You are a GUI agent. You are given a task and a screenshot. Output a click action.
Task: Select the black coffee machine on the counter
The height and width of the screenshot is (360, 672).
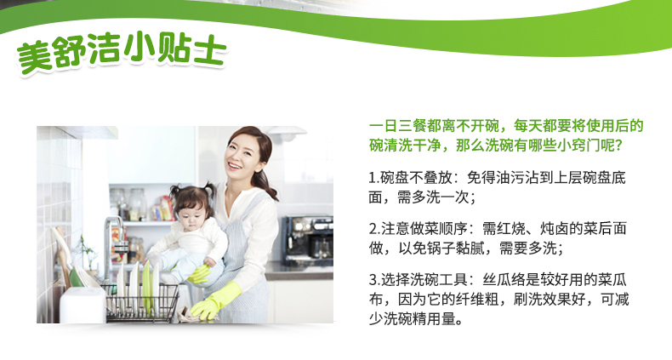(309, 240)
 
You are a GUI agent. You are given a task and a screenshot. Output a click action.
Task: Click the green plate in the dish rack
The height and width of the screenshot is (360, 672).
(147, 287)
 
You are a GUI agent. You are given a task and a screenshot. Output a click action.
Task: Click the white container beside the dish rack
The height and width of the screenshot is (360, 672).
(83, 305)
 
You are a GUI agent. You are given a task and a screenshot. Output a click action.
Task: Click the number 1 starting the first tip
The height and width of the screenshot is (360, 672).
(372, 178)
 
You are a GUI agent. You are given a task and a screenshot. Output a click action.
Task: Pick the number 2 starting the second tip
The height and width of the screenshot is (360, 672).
(373, 228)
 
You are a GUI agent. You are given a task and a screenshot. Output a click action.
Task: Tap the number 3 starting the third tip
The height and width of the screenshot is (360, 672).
(373, 280)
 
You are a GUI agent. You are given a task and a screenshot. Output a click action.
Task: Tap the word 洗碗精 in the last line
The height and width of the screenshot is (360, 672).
(405, 318)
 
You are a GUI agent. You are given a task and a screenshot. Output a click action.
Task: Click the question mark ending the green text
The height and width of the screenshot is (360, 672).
(618, 146)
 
